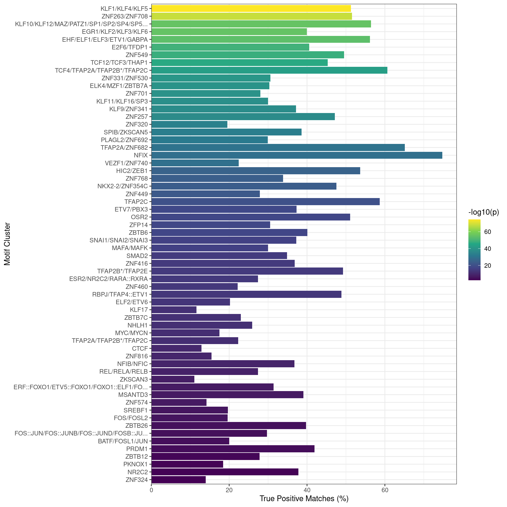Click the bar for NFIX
[297, 155]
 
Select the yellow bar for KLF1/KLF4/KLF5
[251, 8]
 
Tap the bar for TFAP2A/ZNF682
[278, 148]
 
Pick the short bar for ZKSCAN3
[173, 379]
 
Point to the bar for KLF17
[174, 310]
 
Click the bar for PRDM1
[233, 449]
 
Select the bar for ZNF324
[178, 480]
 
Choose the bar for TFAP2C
[265, 201]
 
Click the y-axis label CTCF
[140, 348]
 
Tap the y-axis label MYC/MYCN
[131, 333]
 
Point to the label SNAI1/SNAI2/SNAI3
[119, 240]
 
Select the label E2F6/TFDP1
[130, 47]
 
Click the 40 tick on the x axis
[307, 490]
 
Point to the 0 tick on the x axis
[151, 490]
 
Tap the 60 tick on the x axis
[385, 490]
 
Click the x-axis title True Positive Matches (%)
[304, 499]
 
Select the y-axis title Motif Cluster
[7, 244]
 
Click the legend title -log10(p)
[483, 212]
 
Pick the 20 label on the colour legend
[487, 266]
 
